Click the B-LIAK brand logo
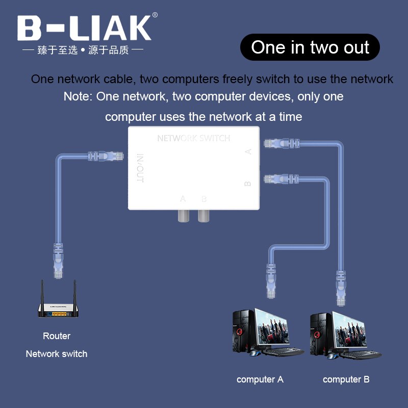pos(84,28)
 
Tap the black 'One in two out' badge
pos(310,47)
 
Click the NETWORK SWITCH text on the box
pos(193,138)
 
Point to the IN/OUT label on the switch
pos(140,168)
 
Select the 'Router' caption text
pos(57,336)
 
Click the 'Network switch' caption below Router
pos(57,354)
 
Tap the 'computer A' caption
pos(260,379)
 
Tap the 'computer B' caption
pos(346,379)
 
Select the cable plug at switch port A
pos(278,144)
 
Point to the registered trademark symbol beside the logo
pos(155,15)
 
